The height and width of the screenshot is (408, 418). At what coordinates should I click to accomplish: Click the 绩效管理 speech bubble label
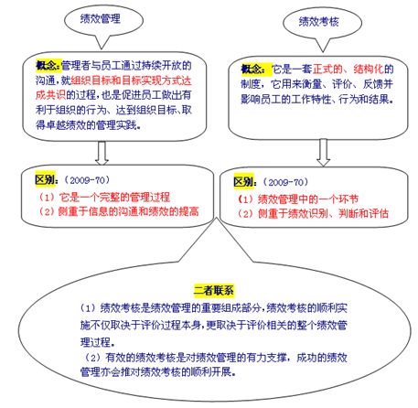click(x=101, y=19)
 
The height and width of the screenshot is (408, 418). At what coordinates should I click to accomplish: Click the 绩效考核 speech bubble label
click(x=319, y=22)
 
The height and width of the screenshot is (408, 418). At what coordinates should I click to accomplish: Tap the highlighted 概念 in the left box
click(x=48, y=65)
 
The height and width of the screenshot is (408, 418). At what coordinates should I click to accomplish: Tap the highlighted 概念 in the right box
click(x=253, y=70)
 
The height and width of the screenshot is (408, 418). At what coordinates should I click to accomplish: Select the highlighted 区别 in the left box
click(x=46, y=179)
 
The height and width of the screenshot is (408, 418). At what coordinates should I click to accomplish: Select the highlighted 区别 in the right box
click(x=244, y=182)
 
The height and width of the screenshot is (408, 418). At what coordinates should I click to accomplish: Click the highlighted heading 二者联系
click(x=214, y=290)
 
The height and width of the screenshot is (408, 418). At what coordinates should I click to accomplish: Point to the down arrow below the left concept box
click(x=102, y=153)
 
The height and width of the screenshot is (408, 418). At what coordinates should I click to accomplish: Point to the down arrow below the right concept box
click(x=323, y=153)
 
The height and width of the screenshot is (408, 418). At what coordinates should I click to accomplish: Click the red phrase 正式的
click(x=327, y=70)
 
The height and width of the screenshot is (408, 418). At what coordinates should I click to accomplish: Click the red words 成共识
click(x=50, y=95)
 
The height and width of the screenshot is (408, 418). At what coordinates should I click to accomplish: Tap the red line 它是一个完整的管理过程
click(x=114, y=197)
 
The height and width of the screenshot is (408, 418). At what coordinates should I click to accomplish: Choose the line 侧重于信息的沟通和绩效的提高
click(x=128, y=211)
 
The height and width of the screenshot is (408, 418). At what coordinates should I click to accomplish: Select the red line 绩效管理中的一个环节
click(x=308, y=199)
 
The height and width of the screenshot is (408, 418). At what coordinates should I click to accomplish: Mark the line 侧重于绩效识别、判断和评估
click(x=323, y=213)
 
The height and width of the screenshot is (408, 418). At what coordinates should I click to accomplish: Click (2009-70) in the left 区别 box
click(x=87, y=180)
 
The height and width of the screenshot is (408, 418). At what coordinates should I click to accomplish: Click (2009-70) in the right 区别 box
click(x=285, y=182)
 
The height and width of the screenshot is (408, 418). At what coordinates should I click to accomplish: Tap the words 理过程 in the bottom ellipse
click(x=95, y=342)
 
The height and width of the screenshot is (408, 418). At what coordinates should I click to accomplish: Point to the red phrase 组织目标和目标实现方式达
click(x=132, y=81)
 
